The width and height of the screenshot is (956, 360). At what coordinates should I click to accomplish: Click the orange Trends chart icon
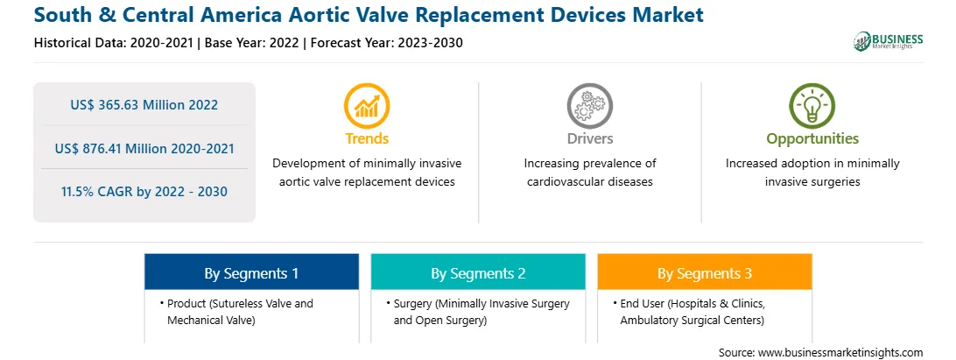point(367,106)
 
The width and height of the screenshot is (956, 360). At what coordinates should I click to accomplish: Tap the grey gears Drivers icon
point(589,106)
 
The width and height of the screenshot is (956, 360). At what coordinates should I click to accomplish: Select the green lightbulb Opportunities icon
point(812,106)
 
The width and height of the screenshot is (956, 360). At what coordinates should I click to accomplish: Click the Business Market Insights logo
point(889,41)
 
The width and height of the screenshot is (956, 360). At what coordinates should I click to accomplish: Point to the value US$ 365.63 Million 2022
point(144,105)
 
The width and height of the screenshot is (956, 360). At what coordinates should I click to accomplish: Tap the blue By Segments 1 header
point(252,272)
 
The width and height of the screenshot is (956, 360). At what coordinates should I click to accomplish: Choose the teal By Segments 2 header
point(479,272)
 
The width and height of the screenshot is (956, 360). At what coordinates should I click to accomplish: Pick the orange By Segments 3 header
point(705,272)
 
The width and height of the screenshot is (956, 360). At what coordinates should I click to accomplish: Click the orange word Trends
point(367,138)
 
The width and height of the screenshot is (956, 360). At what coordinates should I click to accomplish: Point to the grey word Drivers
point(589,138)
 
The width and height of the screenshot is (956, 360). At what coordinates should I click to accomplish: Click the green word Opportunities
point(812,138)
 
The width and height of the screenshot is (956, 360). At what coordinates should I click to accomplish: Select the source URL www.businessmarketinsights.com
point(840,352)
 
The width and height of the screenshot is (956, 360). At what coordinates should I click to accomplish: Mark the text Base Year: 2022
point(252,43)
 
